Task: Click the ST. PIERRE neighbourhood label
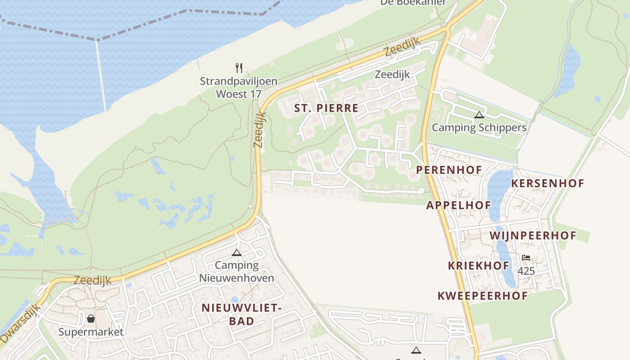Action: [x=326, y=108]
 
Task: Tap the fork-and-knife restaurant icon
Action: [x=239, y=68]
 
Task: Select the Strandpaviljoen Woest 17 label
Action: [x=238, y=88]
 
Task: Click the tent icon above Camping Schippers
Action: [x=479, y=115]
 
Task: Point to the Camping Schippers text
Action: [x=479, y=127]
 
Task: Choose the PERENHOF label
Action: [x=449, y=170]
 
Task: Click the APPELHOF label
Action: [x=459, y=205]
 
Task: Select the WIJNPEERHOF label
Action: [x=533, y=235]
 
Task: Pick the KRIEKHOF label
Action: [x=478, y=265]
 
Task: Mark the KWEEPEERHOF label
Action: [x=482, y=296]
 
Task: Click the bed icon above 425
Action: [x=526, y=258]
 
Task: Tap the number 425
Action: [x=526, y=271]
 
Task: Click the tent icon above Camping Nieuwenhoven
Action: [x=237, y=252]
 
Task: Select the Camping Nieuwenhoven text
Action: [x=237, y=271]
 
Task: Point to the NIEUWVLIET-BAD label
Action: [x=241, y=315]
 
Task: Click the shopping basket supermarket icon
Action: [x=91, y=319]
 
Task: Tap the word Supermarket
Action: [x=91, y=332]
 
